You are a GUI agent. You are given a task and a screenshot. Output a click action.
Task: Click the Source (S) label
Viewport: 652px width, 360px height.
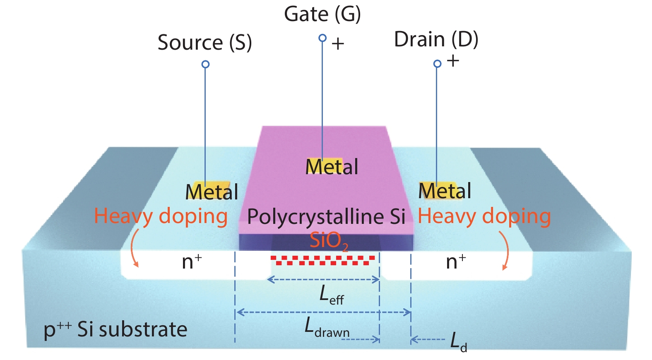coord(205,43)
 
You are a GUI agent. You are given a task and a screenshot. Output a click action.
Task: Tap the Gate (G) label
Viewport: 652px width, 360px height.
coord(322,14)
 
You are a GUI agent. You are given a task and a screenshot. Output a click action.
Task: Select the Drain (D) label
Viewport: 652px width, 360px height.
coord(436,40)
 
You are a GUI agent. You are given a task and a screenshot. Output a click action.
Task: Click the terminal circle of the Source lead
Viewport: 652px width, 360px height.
coord(205,64)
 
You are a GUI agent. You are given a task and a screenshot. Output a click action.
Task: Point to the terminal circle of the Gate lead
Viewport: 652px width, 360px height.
coord(322,38)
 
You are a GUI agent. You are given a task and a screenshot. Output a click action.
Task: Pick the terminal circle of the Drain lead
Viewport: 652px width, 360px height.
coord(437,64)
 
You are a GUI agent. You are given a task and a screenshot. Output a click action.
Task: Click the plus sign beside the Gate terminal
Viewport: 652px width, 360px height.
coord(338,44)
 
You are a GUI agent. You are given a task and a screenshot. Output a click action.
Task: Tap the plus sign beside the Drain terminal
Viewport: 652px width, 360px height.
coord(453,61)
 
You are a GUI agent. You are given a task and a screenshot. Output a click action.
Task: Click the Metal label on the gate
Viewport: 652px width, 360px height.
coord(332,167)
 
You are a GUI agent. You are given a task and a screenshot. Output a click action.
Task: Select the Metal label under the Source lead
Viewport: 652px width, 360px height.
coord(212,192)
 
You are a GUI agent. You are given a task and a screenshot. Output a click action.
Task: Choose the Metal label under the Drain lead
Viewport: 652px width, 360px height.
coord(445,191)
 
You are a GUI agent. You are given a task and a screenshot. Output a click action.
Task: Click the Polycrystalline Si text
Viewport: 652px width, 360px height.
coord(326,216)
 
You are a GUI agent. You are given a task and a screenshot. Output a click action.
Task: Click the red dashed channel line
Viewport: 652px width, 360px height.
coord(322,260)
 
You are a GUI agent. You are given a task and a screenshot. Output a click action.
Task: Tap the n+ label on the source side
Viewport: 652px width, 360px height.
coord(192,262)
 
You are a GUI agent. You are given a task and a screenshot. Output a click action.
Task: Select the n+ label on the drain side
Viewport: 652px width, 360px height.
coord(456,262)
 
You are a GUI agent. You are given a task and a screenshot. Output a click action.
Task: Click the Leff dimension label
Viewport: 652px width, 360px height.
coord(331,295)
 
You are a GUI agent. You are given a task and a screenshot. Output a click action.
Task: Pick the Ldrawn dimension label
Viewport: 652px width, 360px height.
coord(327,328)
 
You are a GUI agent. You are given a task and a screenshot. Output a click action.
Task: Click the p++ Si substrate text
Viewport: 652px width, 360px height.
coord(115,330)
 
